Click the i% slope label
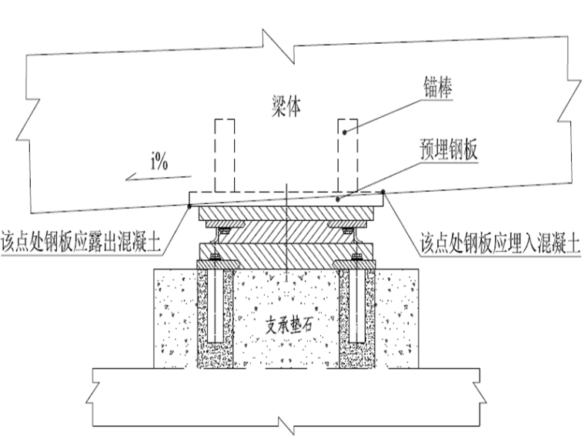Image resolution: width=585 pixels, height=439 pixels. (160, 162)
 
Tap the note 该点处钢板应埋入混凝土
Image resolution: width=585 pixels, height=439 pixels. (500, 244)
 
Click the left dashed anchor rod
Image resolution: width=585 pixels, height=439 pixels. (224, 154)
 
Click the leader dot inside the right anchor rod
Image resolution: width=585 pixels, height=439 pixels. (346, 132)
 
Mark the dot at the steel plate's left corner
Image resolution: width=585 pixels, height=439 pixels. (189, 204)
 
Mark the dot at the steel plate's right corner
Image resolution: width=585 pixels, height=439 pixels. (384, 193)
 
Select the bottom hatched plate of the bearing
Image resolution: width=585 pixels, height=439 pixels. (286, 253)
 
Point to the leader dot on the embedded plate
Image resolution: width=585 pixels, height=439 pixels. (337, 199)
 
